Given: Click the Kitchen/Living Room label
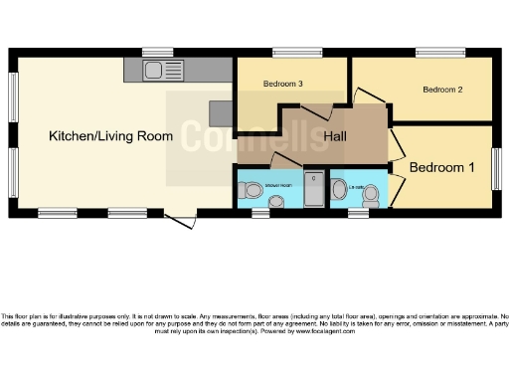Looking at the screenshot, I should pyautogui.click(x=111, y=136).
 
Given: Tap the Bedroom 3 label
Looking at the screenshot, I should pyautogui.click(x=283, y=85).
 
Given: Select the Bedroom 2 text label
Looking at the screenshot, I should pyautogui.click(x=443, y=90).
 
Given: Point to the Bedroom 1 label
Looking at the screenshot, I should pyautogui.click(x=441, y=167).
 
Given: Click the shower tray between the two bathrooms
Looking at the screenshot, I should pyautogui.click(x=314, y=188).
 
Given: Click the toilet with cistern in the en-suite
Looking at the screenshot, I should pyautogui.click(x=339, y=187).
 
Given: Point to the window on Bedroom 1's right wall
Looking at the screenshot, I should pyautogui.click(x=495, y=167).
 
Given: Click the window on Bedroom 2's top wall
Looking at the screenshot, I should pyautogui.click(x=439, y=53).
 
